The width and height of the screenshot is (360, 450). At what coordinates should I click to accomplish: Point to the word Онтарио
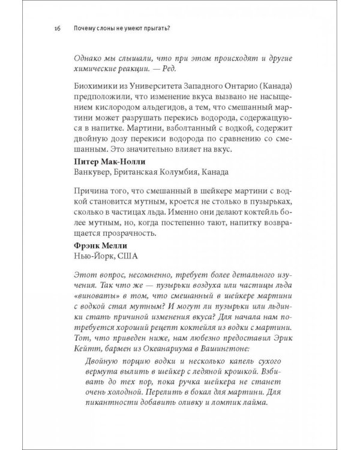[232, 88]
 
